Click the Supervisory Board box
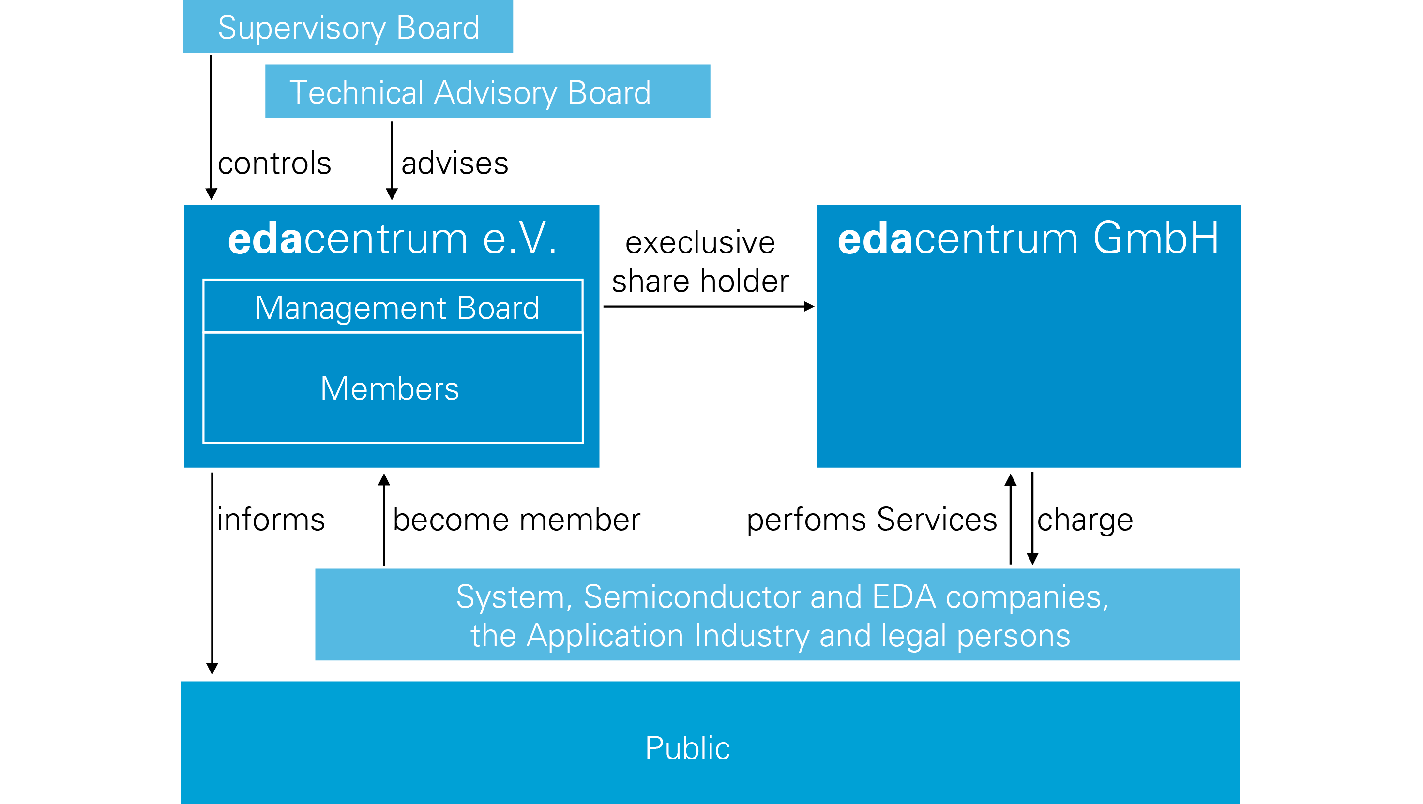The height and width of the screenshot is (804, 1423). [x=348, y=27]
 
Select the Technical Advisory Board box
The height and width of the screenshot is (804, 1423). [x=487, y=91]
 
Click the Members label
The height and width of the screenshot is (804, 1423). [x=390, y=388]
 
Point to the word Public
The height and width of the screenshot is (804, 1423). [x=687, y=748]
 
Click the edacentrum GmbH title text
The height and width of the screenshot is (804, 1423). [x=1028, y=238]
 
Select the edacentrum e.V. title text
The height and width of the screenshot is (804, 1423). [x=392, y=238]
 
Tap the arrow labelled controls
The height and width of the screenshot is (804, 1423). [x=211, y=127]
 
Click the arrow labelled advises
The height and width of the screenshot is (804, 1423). [x=392, y=160]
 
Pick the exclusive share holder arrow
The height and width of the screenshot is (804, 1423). [x=708, y=307]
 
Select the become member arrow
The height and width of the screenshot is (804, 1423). [x=384, y=519]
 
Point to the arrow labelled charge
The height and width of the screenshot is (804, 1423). [x=1032, y=519]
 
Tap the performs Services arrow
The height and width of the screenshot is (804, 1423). [x=1010, y=519]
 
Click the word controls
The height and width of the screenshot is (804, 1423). [x=274, y=164]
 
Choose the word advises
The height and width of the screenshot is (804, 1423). [x=454, y=164]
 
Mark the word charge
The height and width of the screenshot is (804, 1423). [x=1085, y=520]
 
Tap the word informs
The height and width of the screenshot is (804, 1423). [x=271, y=520]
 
